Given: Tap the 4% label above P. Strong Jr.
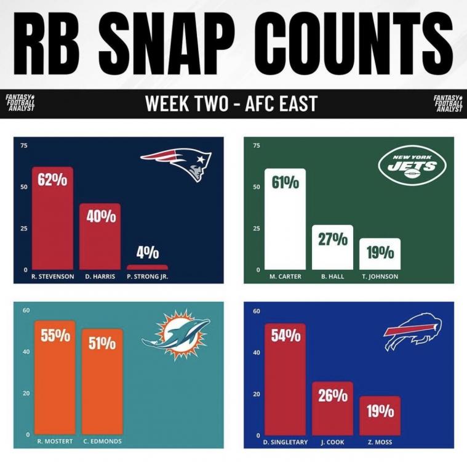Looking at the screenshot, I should (x=148, y=253).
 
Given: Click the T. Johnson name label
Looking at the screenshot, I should (x=380, y=277).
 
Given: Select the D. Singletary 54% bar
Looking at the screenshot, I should (x=285, y=379).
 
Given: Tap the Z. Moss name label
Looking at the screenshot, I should (x=380, y=442).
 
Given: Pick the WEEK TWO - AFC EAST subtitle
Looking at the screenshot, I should (x=231, y=103).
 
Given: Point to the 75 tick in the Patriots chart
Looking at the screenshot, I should (x=25, y=145).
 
